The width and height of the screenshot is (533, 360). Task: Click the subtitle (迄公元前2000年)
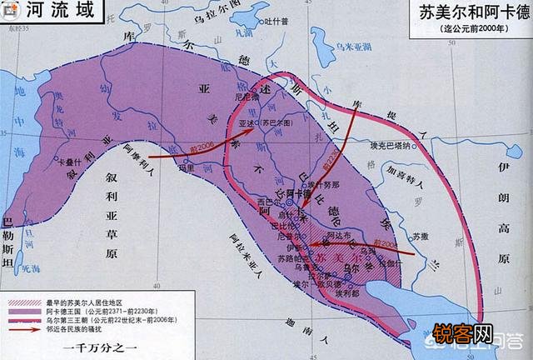pos(468,31)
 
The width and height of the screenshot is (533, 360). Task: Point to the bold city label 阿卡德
pos(299,192)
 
